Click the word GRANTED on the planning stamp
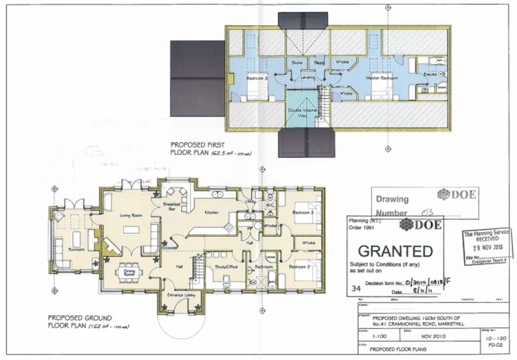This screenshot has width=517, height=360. click(395, 251)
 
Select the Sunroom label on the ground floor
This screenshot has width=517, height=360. click(77, 250)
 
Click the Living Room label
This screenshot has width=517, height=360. click(130, 216)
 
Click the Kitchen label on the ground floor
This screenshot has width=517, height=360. click(211, 212)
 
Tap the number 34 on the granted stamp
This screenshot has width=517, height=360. click(356, 291)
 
